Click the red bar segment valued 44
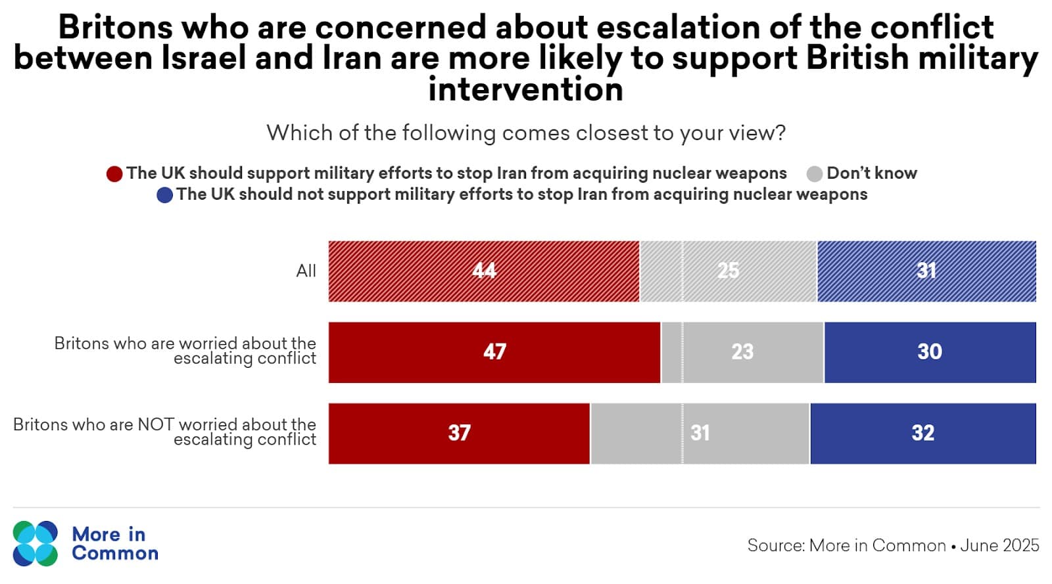coord(484,271)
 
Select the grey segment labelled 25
coord(728,271)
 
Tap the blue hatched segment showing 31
coord(926,271)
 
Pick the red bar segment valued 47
coord(494,352)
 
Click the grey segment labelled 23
coord(742,352)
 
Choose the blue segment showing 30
coord(930,352)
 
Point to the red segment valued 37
coord(459,434)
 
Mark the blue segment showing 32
coord(922,434)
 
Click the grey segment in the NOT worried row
coord(700,434)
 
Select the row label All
coord(306,271)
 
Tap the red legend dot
coord(114,174)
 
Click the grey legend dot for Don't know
coord(815,174)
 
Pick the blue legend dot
coord(164,195)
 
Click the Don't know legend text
coord(871,173)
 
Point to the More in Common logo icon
coord(36,543)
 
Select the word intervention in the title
coord(525,89)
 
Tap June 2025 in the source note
coord(999,545)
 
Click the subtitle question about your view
coord(526,133)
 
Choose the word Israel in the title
coord(203,58)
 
